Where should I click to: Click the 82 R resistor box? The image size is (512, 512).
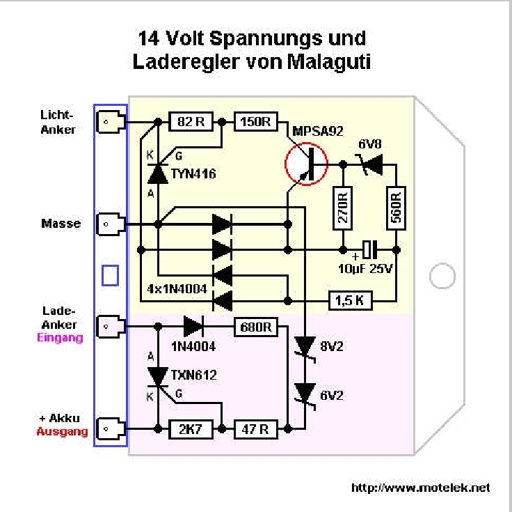click(191, 122)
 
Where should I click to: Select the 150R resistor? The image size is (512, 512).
click(256, 122)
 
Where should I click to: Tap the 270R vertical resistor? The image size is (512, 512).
click(343, 208)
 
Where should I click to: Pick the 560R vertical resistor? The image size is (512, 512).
click(396, 208)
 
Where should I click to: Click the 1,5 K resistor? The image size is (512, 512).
click(350, 300)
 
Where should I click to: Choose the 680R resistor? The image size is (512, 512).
click(256, 327)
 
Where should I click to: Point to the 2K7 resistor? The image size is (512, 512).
click(191, 429)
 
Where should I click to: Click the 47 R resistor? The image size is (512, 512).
click(256, 429)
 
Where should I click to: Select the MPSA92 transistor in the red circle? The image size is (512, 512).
click(306, 164)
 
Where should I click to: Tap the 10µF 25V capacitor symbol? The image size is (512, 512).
click(370, 250)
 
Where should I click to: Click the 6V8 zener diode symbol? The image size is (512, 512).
click(371, 165)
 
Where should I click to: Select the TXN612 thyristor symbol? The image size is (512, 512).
click(159, 378)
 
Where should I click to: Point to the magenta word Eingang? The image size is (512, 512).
click(60, 338)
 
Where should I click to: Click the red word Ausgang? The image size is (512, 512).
click(62, 432)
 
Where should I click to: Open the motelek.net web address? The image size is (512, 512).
click(421, 488)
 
